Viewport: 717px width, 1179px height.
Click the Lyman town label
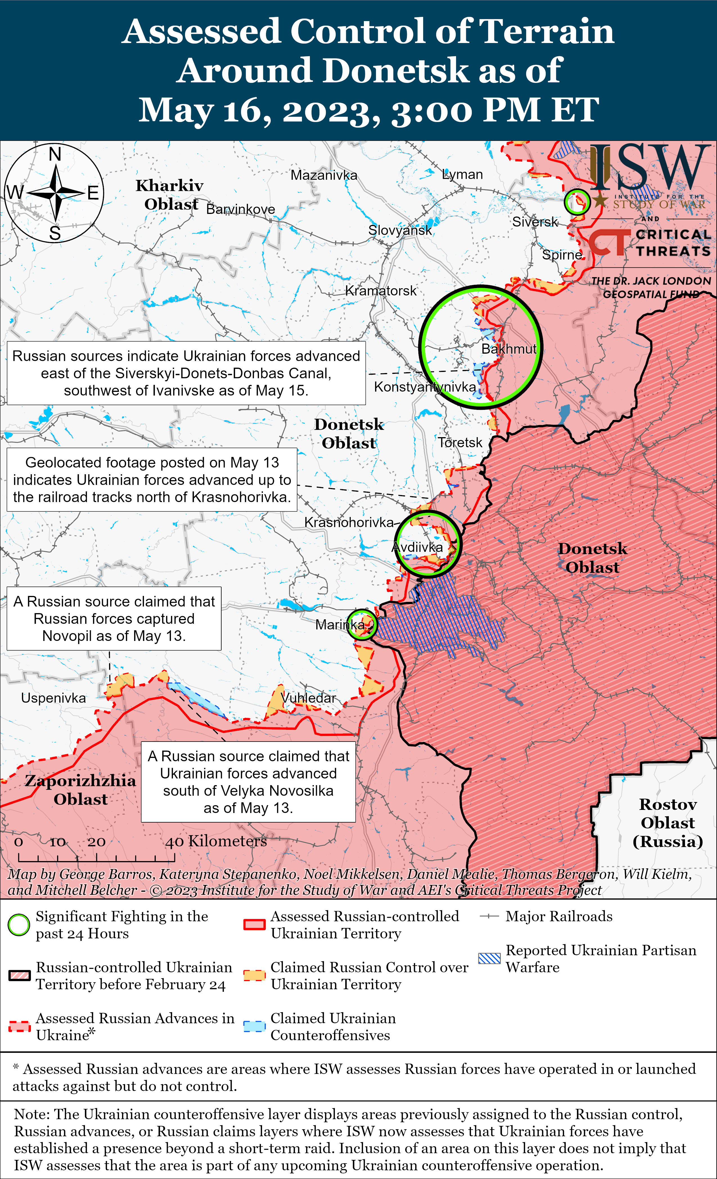click(x=462, y=175)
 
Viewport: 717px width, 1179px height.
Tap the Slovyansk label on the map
click(x=400, y=230)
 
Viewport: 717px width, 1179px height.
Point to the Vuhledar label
click(x=309, y=698)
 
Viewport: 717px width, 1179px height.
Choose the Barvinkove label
click(x=240, y=209)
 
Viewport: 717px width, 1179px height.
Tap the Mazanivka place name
click(x=324, y=175)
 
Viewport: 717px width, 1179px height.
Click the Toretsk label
click(x=460, y=442)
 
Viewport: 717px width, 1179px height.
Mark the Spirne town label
click(x=562, y=255)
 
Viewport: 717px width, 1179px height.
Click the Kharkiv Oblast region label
click(x=170, y=195)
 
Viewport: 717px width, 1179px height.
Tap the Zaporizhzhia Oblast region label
click(x=80, y=789)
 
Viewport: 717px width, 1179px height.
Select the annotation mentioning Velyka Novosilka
click(x=248, y=782)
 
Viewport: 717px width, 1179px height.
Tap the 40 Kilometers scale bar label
click(x=216, y=841)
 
